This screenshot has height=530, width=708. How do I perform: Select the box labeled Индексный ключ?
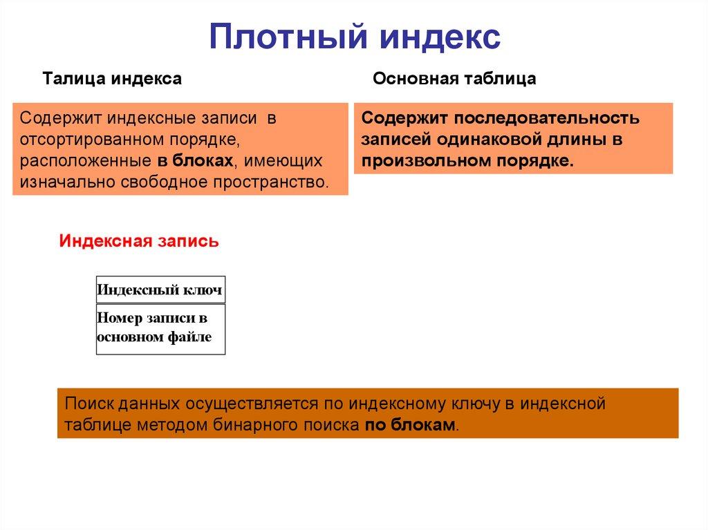pyautogui.click(x=160, y=290)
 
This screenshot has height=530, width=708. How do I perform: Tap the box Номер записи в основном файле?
pyautogui.click(x=160, y=329)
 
